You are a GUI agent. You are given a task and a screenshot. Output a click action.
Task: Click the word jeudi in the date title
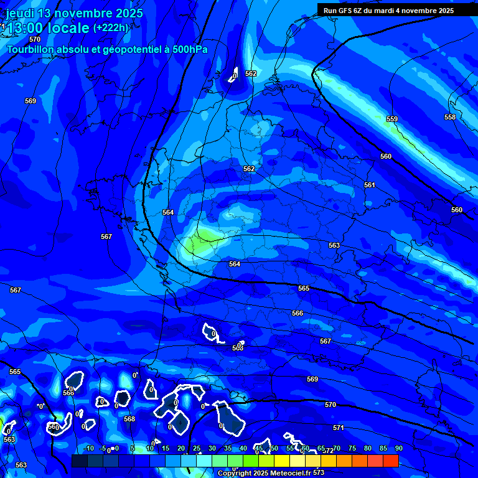[21, 13]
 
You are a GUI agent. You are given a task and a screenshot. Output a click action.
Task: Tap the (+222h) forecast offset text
[111, 27]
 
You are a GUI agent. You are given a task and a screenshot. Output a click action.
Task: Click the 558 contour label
[450, 117]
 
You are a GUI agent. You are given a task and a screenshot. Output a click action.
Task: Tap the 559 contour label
[391, 119]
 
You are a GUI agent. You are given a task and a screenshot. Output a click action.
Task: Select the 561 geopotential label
[370, 185]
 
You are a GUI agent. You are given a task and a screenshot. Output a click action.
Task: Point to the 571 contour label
[339, 428]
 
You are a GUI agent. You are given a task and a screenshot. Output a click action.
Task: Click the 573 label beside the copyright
[319, 473]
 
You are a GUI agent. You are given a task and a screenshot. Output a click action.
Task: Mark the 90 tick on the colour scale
[398, 448]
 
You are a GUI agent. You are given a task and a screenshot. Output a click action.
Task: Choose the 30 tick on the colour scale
[212, 448]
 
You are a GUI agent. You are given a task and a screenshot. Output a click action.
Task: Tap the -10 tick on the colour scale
[88, 448]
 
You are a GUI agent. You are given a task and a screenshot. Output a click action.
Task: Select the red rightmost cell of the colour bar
[390, 461]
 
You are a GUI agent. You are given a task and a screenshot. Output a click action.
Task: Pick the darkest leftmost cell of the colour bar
[80, 461]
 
